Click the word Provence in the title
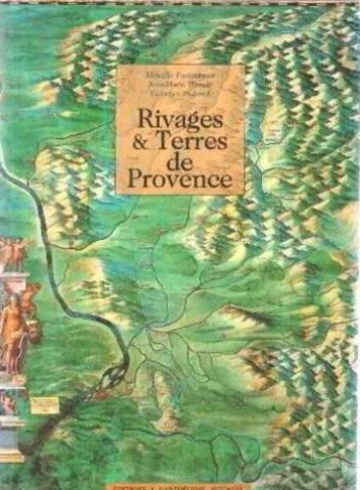coord(180,182)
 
